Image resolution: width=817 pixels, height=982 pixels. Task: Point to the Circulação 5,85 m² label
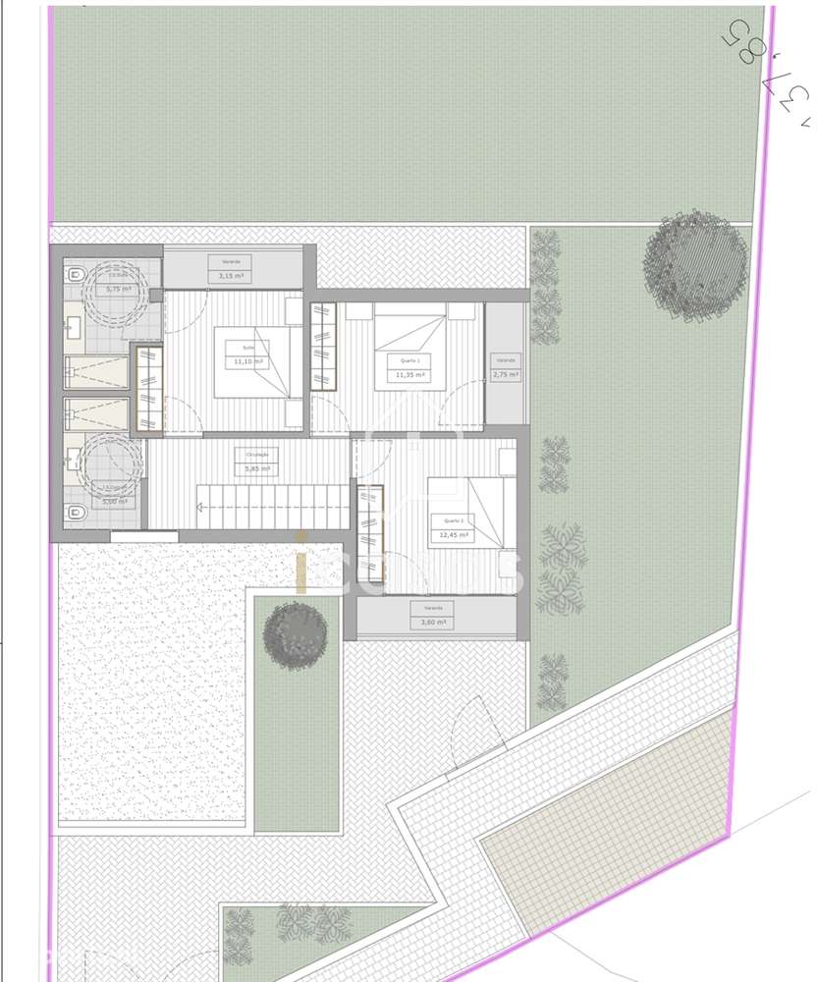(255, 462)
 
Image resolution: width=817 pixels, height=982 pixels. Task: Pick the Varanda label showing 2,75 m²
(505, 366)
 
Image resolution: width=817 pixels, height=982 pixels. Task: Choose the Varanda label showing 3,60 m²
(433, 615)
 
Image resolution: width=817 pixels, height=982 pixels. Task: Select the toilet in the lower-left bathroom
(77, 512)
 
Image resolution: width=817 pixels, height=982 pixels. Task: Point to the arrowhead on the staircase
(199, 508)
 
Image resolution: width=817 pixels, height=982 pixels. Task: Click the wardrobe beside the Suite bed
(147, 388)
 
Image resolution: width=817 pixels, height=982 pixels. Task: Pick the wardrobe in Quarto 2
(369, 530)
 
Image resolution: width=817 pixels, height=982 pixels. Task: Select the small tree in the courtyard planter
(295, 634)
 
